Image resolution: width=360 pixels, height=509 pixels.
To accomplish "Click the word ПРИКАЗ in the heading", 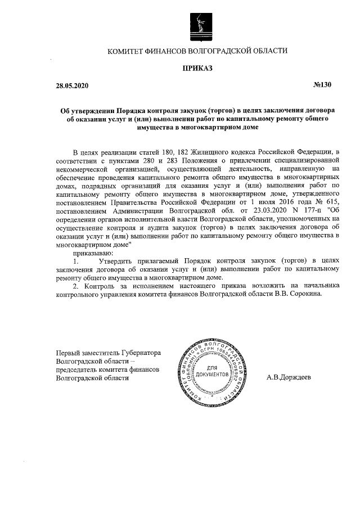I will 197,69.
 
